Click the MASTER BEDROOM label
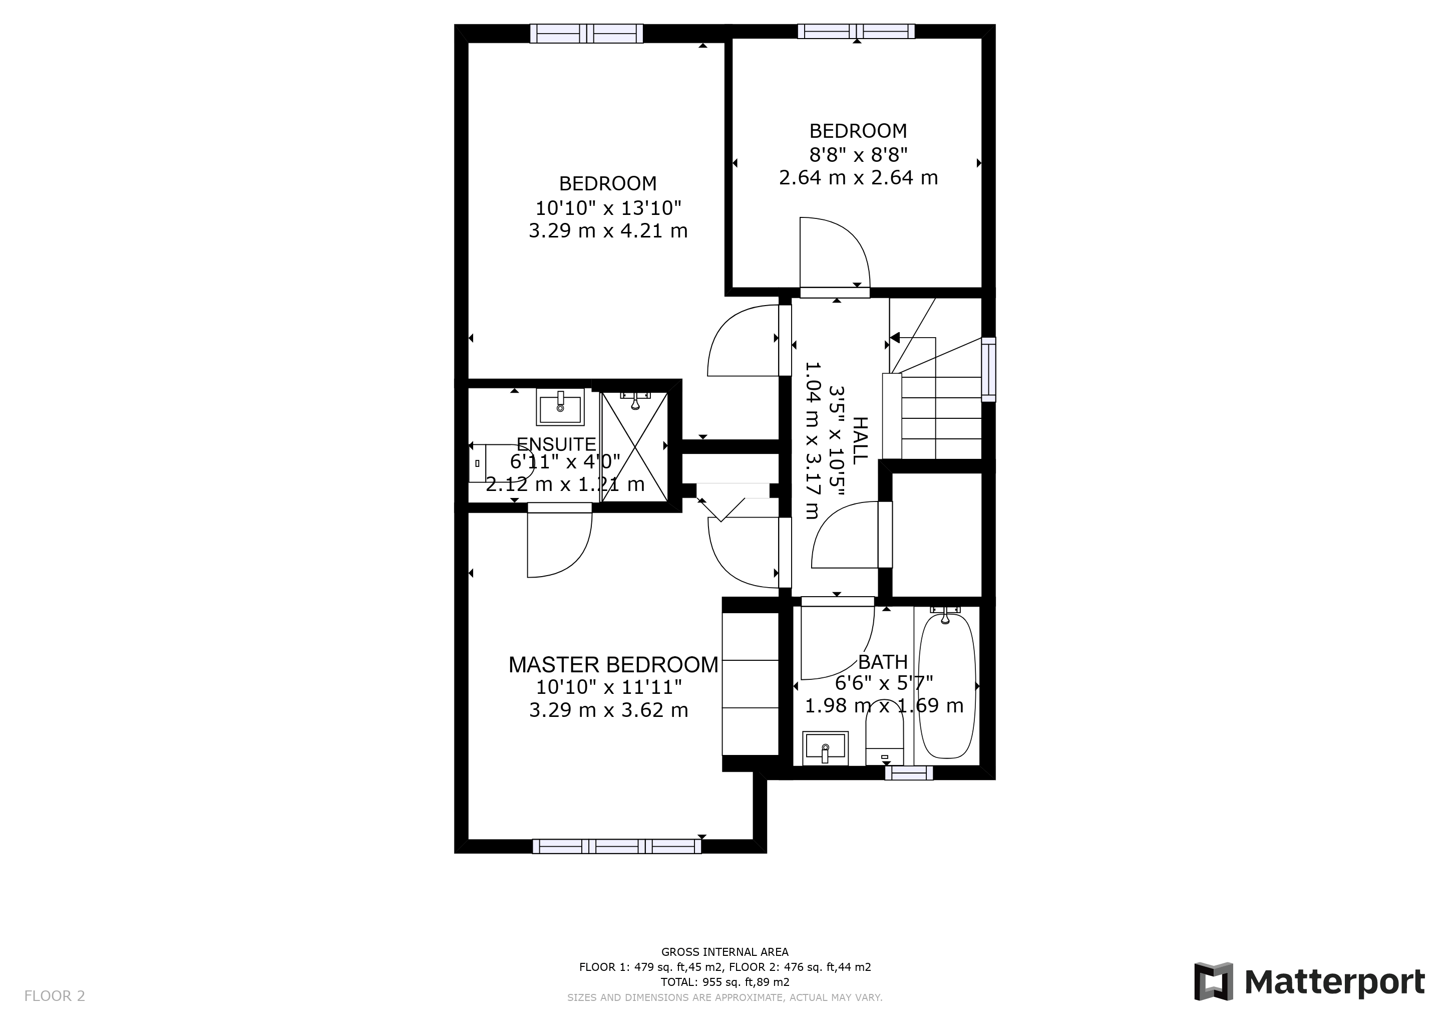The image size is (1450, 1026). (x=613, y=665)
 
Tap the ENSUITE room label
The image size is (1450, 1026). (x=556, y=444)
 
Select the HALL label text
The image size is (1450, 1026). (x=860, y=440)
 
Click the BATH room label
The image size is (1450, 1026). (x=883, y=662)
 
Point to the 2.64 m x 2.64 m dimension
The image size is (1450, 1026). (x=858, y=177)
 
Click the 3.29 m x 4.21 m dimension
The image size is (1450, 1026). (x=608, y=230)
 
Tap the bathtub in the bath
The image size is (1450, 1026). (x=947, y=685)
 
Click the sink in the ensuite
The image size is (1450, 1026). (x=560, y=407)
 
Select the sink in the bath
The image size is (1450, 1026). (x=826, y=748)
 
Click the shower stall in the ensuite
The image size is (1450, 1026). (x=634, y=446)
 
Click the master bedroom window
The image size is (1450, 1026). (x=616, y=846)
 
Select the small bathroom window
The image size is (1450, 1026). (x=909, y=773)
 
